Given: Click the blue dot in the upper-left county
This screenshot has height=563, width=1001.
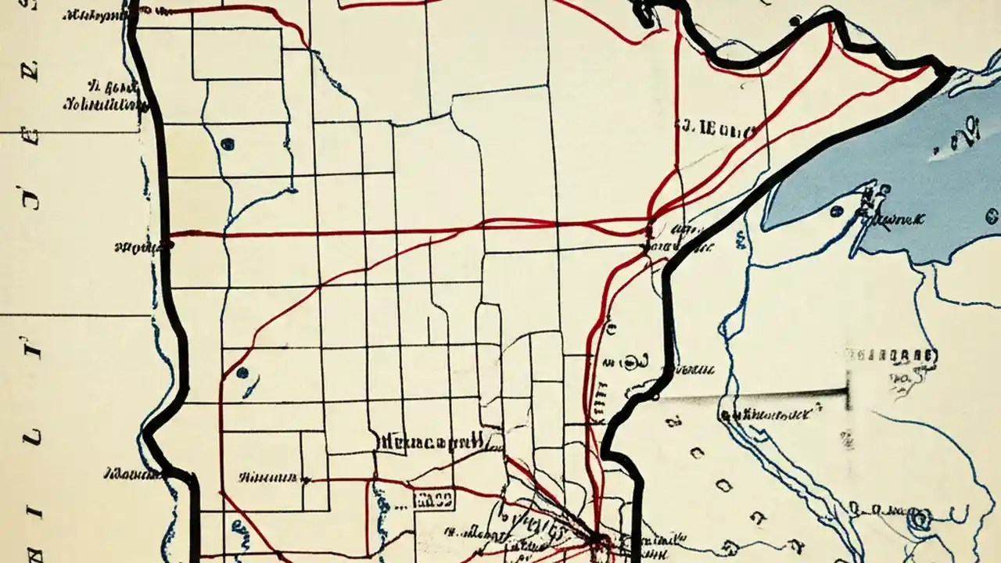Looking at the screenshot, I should click(x=228, y=144).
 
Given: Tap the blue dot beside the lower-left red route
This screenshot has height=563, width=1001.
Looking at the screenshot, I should click(x=242, y=373).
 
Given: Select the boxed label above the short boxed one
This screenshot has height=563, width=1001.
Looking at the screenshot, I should click(x=430, y=441).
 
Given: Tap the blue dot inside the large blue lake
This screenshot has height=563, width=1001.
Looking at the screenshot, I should click(x=837, y=210).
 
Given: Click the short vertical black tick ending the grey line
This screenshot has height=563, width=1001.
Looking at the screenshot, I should click(x=847, y=389).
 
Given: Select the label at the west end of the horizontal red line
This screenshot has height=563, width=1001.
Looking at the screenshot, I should click(x=137, y=247).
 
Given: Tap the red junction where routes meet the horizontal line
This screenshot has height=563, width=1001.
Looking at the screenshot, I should click(x=648, y=232).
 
